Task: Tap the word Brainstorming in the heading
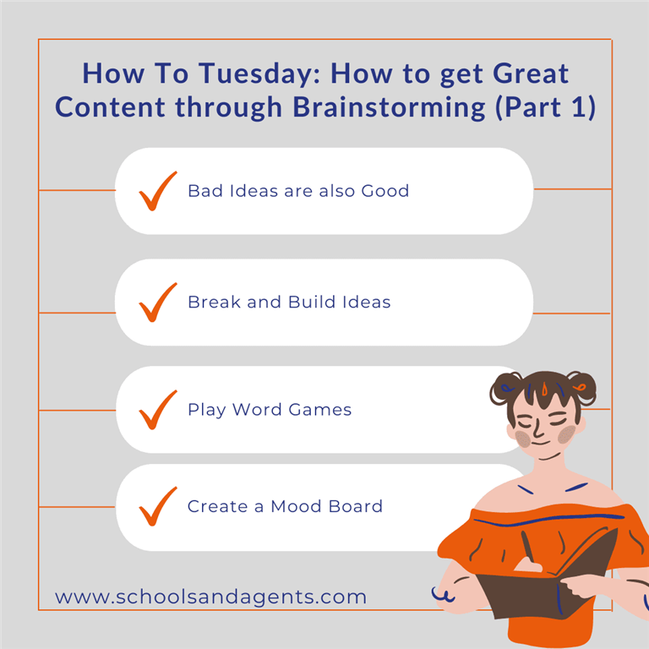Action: [x=389, y=107]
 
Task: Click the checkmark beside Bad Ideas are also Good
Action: [x=158, y=191]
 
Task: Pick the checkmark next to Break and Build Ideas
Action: [x=158, y=303]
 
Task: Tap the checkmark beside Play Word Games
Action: [x=158, y=410]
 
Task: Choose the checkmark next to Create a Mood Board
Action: [x=158, y=506]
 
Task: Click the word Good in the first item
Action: [x=385, y=191]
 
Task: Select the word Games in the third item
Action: [x=320, y=410]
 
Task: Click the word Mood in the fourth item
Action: [x=296, y=506]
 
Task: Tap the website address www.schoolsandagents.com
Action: [x=210, y=597]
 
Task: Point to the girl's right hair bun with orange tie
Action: [x=581, y=387]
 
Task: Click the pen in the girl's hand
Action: [x=527, y=547]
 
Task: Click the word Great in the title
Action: [x=531, y=74]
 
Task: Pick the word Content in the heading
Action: [x=110, y=107]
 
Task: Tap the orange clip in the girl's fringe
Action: [x=544, y=389]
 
